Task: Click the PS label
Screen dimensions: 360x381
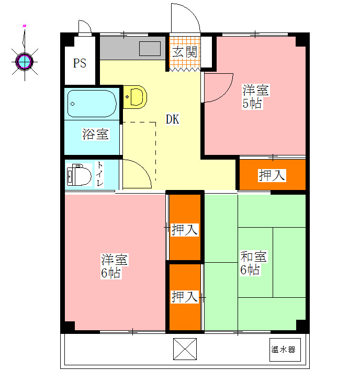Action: (x=80, y=63)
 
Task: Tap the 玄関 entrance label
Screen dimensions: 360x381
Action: (x=185, y=52)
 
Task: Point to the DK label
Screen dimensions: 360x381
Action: (x=173, y=119)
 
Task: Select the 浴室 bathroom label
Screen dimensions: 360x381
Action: (x=95, y=134)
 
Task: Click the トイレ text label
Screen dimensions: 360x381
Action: (x=99, y=174)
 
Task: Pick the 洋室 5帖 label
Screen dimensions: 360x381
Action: (x=255, y=96)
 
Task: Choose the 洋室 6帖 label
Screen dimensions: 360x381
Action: (x=114, y=266)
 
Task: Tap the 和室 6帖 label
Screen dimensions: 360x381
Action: (x=254, y=263)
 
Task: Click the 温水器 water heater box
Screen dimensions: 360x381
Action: (x=285, y=350)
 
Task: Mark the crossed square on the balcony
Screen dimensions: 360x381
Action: (x=185, y=349)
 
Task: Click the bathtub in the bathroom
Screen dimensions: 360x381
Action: (x=92, y=104)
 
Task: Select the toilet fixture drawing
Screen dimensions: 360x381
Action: (x=78, y=175)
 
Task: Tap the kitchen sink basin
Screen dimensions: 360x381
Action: (x=150, y=49)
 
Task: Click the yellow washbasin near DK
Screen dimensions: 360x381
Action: (x=135, y=97)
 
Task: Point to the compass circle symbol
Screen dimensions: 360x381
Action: (x=25, y=61)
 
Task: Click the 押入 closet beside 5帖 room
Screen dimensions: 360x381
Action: (x=272, y=175)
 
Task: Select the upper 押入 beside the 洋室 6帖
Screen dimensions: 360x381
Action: (x=185, y=227)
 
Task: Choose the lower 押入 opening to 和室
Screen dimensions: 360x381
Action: (x=185, y=297)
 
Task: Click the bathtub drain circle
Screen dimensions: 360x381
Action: (x=72, y=104)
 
